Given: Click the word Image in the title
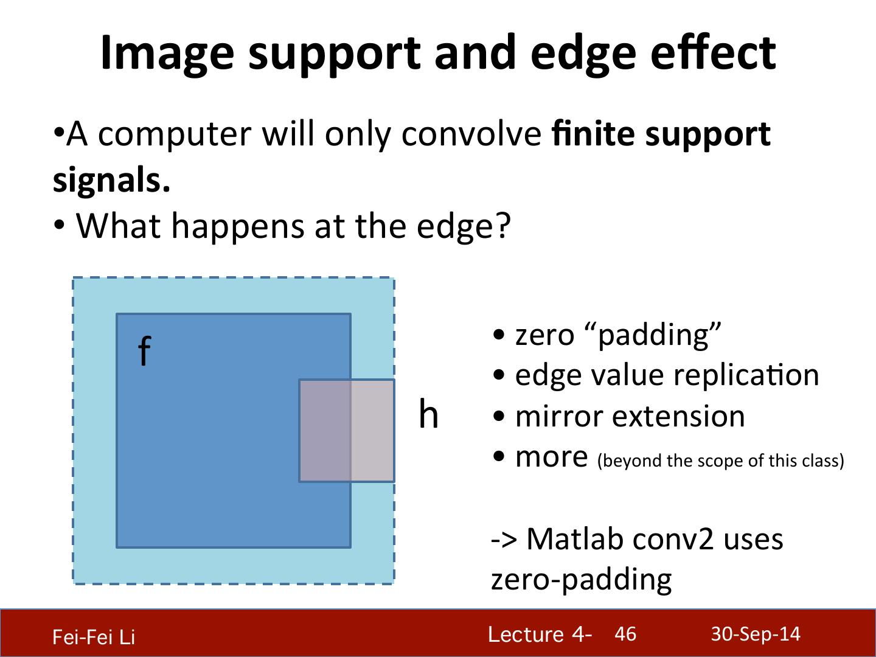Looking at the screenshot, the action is pos(167,54).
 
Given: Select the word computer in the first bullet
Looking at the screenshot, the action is pos(175,136).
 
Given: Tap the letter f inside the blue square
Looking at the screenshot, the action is pos(144,350).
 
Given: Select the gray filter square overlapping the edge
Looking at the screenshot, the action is pos(347,431).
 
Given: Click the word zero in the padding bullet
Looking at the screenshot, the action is pos(544,335).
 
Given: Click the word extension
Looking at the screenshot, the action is pos(678,417).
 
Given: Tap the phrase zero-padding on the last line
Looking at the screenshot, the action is pos(581,581).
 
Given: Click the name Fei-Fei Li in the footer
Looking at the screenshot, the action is pos(94,636).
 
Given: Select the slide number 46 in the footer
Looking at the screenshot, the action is pos(625,634).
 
